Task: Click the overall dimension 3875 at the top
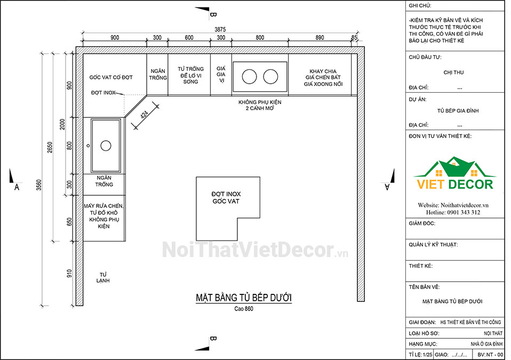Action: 220,29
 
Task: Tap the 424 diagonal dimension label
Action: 145,114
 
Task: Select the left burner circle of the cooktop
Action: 249,77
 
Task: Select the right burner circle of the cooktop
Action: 270,77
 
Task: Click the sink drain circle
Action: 106,146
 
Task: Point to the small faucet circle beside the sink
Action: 88,146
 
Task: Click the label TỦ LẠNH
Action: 103,277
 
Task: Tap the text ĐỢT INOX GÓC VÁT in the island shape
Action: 226,198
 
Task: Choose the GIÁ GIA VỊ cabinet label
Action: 221,74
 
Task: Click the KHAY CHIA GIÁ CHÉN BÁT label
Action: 323,77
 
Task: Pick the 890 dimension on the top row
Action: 320,37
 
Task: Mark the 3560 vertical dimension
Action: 39,185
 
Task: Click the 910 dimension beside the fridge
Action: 69,274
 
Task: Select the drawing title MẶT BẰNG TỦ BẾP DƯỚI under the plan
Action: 244,298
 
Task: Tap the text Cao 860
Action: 244,308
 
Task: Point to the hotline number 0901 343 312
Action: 464,212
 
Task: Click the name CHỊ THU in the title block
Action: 453,73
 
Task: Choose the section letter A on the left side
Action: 17,187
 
